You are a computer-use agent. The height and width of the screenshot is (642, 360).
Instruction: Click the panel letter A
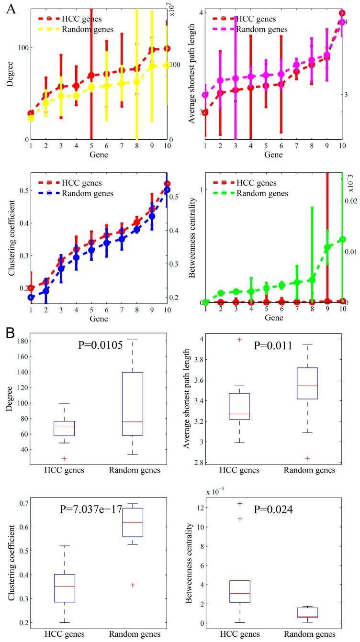[x=10, y=9]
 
